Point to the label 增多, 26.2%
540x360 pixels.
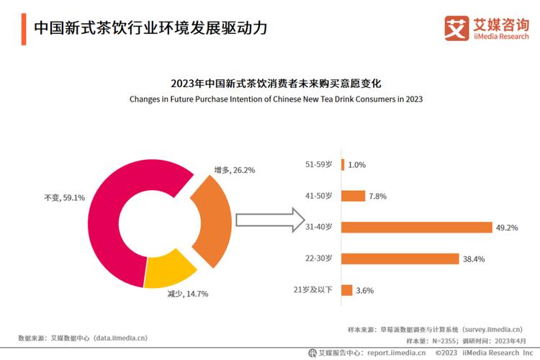click(235, 170)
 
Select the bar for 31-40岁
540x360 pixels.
click(416, 227)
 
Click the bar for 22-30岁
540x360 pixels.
click(400, 258)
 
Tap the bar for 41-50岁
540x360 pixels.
click(353, 196)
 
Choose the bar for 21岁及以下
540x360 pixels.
click(346, 290)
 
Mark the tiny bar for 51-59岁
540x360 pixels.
click(343, 164)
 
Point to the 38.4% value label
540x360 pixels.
click(474, 259)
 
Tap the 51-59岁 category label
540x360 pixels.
click(319, 164)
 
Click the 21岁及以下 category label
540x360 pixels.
click(313, 290)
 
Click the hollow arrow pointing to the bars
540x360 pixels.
click(266, 220)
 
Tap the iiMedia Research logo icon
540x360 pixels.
click(455, 28)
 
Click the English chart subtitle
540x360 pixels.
click(276, 99)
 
